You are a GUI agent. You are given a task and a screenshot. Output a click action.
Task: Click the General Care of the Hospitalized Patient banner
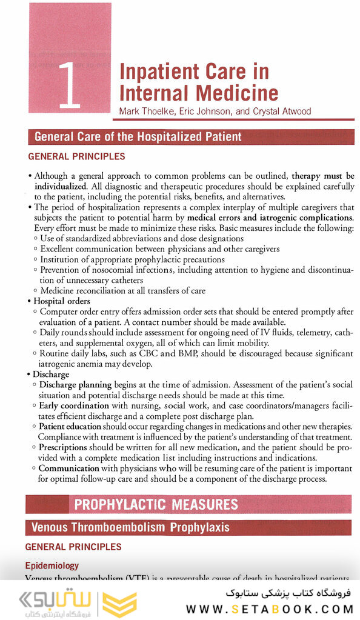coord(138,136)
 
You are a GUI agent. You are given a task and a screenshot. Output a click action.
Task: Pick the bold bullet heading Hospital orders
coord(62,301)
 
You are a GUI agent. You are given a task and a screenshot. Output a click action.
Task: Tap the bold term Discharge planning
coord(75,385)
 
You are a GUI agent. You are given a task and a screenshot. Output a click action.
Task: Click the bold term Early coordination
coord(74,405)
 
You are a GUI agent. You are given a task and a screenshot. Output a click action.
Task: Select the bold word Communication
coord(70,468)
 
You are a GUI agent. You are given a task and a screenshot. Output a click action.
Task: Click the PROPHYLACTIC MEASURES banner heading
coord(156,504)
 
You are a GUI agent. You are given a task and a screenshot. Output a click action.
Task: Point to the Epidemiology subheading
coord(52,565)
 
